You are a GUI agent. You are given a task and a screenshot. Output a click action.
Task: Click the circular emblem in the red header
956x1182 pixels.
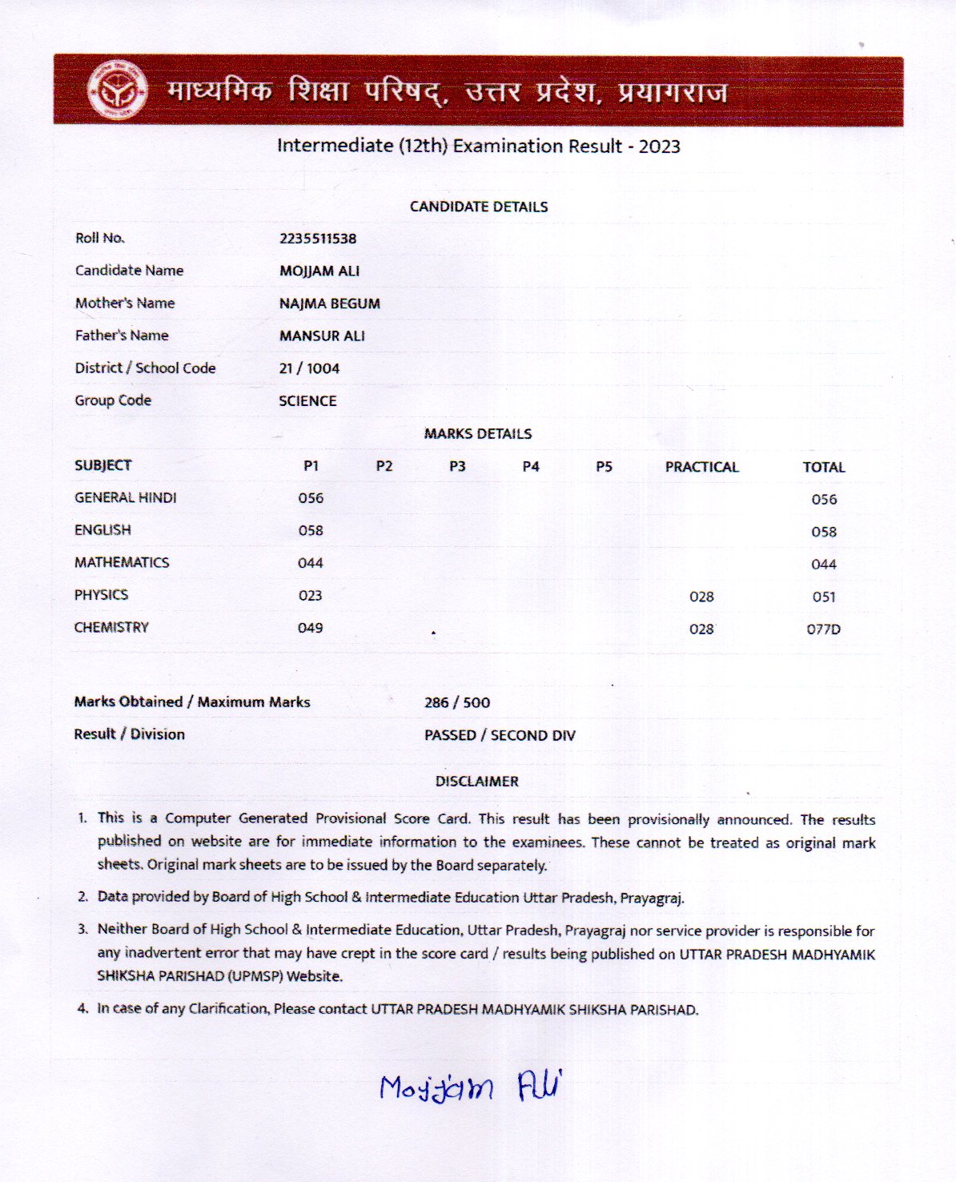[x=117, y=90]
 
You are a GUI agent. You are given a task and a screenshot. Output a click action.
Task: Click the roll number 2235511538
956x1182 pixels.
[x=318, y=239]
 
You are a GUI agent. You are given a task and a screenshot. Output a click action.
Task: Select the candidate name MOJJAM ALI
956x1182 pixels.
[x=319, y=271]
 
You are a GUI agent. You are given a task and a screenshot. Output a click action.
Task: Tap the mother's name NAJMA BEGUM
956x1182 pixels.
[x=330, y=304]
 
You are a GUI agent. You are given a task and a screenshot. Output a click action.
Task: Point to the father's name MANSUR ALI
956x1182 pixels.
[x=322, y=336]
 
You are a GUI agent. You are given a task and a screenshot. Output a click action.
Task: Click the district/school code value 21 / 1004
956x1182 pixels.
[x=309, y=368]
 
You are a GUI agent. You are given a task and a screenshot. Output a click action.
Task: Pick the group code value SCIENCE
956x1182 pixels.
[x=307, y=401]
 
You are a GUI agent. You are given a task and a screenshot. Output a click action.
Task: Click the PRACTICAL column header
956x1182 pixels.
[x=701, y=467]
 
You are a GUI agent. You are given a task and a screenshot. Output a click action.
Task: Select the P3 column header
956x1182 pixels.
[x=457, y=467]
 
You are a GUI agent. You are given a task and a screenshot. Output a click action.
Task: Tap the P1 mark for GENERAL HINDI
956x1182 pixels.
[x=311, y=498]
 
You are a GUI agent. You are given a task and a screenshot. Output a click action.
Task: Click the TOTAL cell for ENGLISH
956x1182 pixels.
[x=824, y=532]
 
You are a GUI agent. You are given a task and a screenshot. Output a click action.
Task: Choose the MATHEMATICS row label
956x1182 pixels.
[x=122, y=563]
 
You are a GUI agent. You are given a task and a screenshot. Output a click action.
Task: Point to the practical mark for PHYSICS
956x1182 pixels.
[x=701, y=597]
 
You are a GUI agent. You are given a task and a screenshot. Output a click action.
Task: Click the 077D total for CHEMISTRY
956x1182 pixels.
[x=824, y=629]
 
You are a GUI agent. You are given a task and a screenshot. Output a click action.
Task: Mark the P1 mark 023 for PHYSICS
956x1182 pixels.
[x=310, y=596]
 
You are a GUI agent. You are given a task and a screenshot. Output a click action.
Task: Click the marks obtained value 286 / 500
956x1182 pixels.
[x=457, y=703]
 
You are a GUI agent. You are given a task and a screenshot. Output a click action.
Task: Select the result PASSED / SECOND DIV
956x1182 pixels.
[x=500, y=735]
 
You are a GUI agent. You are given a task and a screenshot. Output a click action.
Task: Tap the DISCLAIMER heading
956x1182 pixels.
[x=477, y=782]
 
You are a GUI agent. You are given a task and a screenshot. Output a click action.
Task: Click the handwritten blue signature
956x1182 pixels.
[x=471, y=1087]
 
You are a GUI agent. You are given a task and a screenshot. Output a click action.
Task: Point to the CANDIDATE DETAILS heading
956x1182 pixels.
[x=479, y=207]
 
